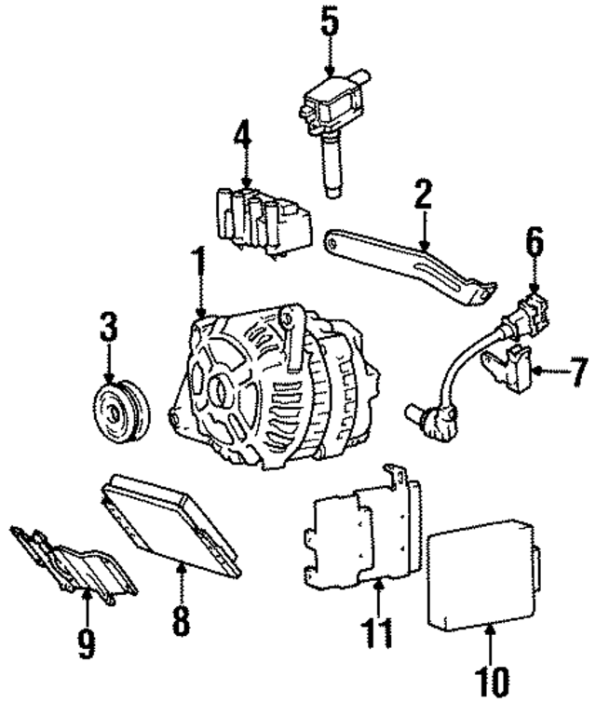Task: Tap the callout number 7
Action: [579, 371]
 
